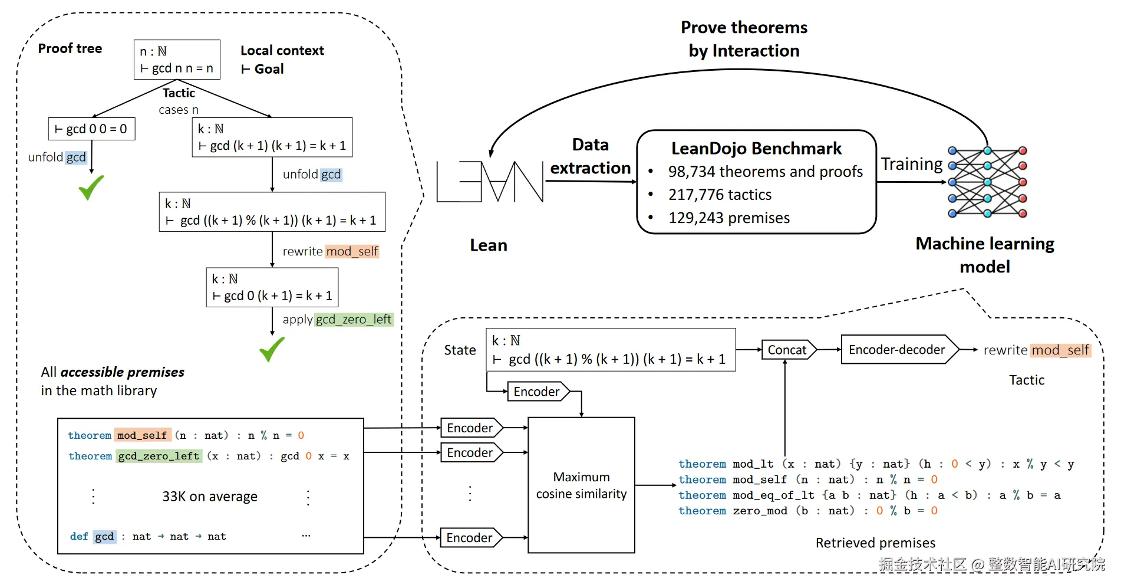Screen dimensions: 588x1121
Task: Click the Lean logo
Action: point(489,182)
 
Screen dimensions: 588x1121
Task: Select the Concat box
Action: point(787,350)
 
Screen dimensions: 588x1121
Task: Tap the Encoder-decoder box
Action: point(896,350)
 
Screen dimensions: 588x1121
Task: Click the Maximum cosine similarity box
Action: point(581,485)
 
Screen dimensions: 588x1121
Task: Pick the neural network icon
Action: point(987,182)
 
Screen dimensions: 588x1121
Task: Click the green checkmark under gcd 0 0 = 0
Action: point(91,187)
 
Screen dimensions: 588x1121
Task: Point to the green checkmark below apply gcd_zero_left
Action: point(272,349)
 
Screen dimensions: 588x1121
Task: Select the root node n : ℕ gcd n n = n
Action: point(177,60)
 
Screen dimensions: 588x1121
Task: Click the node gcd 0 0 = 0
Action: point(91,129)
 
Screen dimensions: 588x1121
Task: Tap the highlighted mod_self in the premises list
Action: point(142,435)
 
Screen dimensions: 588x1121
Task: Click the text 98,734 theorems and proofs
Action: point(765,172)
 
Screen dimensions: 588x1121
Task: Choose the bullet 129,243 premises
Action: point(728,218)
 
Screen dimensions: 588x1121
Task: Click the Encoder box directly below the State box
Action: point(536,392)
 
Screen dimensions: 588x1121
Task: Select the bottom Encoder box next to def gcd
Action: point(469,538)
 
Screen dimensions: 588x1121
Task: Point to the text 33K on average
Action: point(210,497)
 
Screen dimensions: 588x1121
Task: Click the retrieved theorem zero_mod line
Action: point(807,511)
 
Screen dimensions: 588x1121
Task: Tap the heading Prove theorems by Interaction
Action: point(744,39)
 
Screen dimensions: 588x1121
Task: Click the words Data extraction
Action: point(590,156)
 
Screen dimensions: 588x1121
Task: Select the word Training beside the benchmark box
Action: point(911,164)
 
